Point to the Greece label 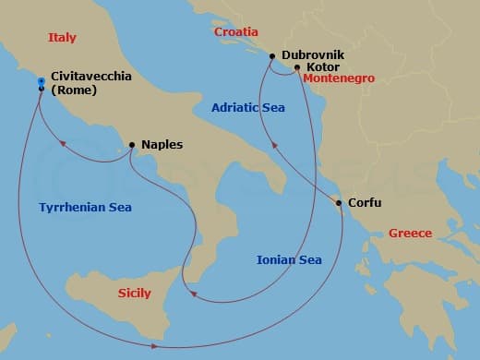click(x=410, y=234)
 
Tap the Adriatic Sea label click(x=248, y=108)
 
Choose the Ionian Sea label click(x=288, y=260)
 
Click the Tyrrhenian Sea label click(x=85, y=208)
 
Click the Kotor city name click(x=325, y=67)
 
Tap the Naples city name click(x=162, y=145)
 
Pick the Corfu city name click(x=365, y=203)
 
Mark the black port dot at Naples click(x=132, y=145)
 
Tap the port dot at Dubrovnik click(x=272, y=57)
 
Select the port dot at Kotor click(x=296, y=67)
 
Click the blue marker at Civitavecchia click(x=42, y=83)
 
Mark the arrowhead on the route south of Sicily click(x=153, y=346)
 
